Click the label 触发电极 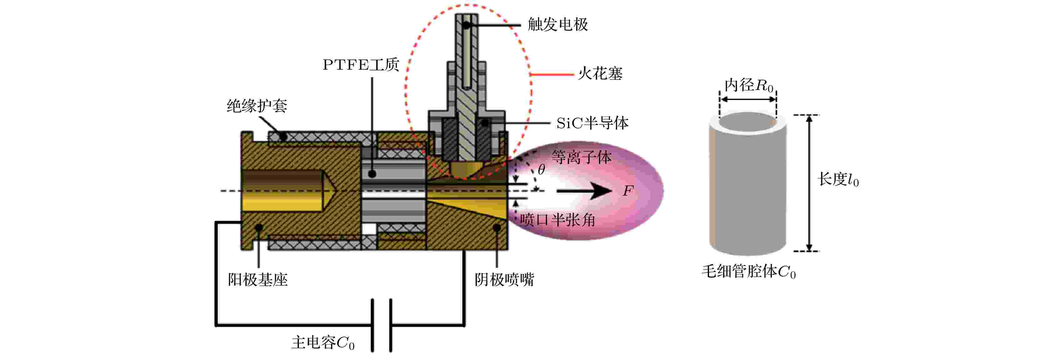[x=557, y=25]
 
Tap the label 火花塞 [x=600, y=74]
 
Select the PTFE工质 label [x=360, y=65]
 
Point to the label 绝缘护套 [x=257, y=106]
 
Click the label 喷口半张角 [x=557, y=220]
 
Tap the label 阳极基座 [x=258, y=280]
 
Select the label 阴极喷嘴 [x=504, y=280]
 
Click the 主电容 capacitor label [x=323, y=343]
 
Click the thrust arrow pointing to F [x=584, y=191]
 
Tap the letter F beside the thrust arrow [x=628, y=190]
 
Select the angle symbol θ [x=541, y=170]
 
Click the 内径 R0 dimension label [x=749, y=85]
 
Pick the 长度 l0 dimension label [x=838, y=179]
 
